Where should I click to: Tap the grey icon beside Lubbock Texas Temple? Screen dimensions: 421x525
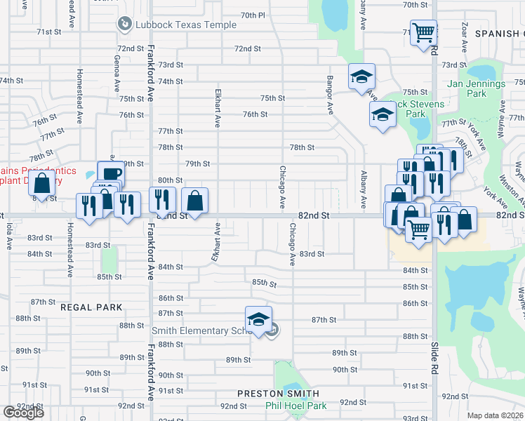pos(124,25)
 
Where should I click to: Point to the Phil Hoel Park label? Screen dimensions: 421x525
pos(295,406)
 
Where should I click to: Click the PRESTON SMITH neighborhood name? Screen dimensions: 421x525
pos(278,394)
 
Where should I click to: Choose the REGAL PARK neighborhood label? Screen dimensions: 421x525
pos(91,307)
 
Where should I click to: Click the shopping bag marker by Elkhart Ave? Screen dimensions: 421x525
pos(195,199)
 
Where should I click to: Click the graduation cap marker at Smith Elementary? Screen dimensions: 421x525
pos(258,319)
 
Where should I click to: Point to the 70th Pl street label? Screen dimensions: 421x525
pos(253,15)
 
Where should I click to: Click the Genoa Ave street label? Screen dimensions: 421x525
pos(116,73)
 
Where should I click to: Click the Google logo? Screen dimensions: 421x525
pos(23,413)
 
